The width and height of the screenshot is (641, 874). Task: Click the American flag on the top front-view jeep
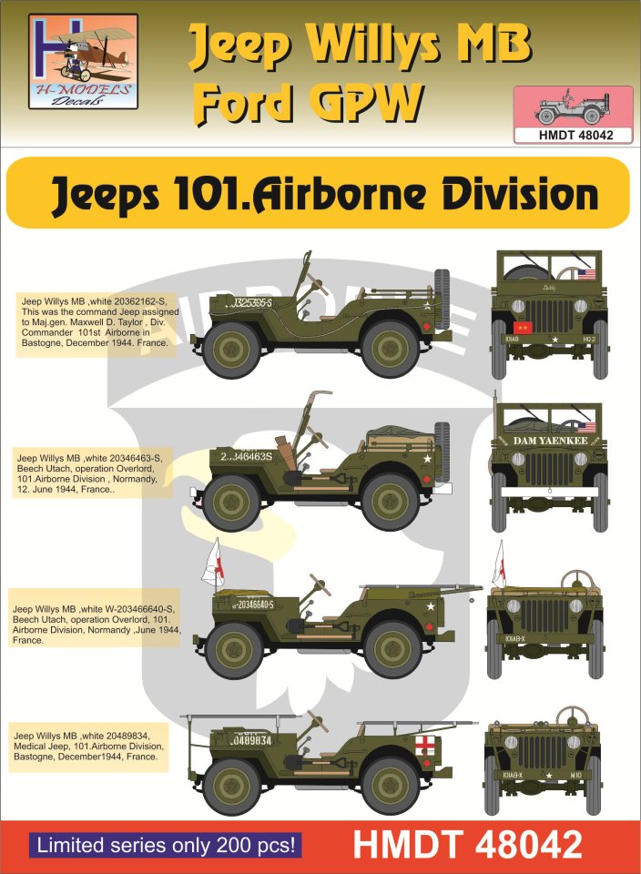pos(585,273)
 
